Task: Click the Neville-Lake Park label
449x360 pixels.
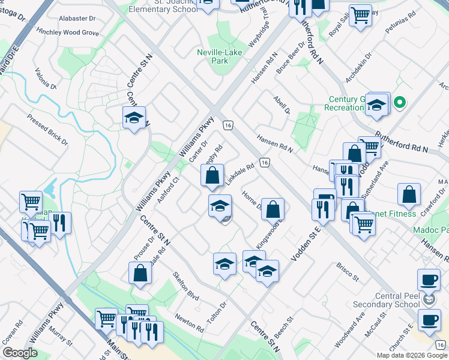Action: [x=220, y=57]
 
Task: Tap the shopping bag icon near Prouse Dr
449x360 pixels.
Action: [x=140, y=274]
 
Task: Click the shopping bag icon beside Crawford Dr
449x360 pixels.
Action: [x=409, y=195]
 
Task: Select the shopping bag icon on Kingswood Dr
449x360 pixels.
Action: [x=273, y=209]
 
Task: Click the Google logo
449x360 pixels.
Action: [x=20, y=353]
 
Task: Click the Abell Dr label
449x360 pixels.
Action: [x=282, y=104]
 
